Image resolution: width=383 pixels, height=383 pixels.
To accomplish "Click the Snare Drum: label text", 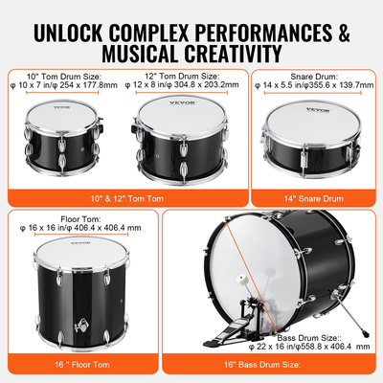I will [x=313, y=74].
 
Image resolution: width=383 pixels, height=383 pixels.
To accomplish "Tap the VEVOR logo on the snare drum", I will [x=304, y=111].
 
